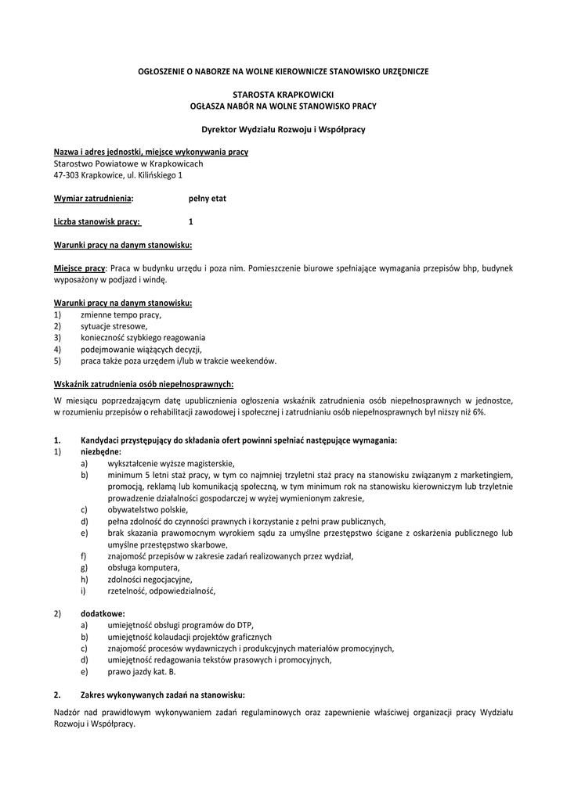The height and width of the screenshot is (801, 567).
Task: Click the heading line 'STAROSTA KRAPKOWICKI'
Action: pos(283,93)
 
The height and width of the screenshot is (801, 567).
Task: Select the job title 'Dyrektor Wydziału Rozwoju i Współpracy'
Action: pos(283,128)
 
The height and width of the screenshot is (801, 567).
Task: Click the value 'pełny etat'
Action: pos(207,199)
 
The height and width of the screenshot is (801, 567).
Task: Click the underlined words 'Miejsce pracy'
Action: pos(79,268)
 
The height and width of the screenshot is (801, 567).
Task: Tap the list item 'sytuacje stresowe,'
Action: pos(114,326)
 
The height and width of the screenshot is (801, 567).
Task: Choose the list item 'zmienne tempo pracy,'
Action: pos(121,314)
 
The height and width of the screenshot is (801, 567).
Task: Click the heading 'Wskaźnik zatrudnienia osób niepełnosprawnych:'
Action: pos(143,384)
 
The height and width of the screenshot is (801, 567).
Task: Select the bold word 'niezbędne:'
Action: pos(101,451)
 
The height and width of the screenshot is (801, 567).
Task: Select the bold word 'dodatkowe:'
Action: pos(103,613)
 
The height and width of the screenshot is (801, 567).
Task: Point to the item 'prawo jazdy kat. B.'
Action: pos(142,671)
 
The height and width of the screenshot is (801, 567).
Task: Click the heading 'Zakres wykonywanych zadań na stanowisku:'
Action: pos(163,695)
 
